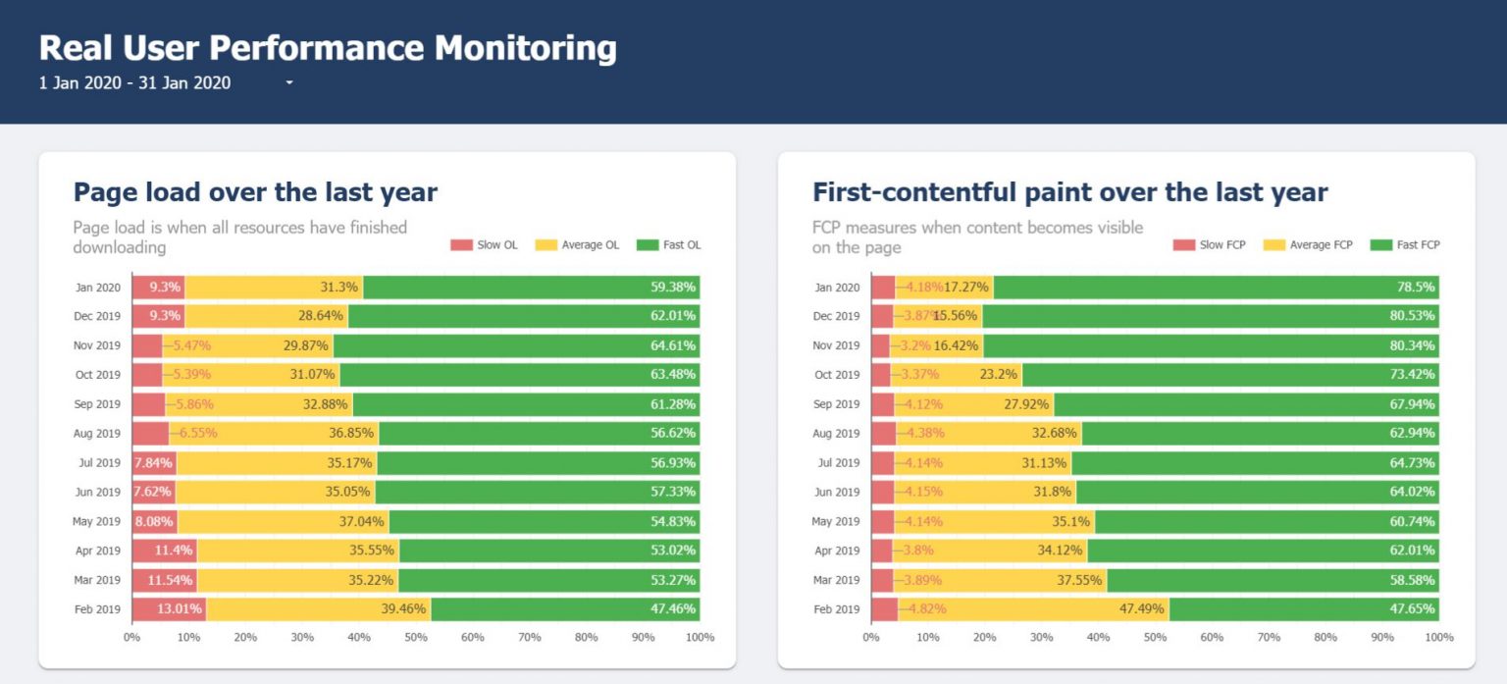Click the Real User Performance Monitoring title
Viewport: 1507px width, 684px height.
[328, 48]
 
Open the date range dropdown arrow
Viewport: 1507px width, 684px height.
[289, 83]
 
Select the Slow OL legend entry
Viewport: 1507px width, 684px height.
[485, 244]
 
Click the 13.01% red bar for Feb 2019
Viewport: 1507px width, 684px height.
[169, 609]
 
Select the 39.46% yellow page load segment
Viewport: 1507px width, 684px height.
[319, 609]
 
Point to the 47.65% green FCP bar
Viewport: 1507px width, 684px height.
[1304, 609]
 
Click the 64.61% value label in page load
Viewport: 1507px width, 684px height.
[672, 345]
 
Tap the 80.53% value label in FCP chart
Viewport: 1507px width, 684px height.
[1411, 316]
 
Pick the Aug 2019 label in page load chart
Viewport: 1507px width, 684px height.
[97, 433]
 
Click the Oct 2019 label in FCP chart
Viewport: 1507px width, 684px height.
[836, 375]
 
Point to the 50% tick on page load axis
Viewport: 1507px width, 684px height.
[416, 638]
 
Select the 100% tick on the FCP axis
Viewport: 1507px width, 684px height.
[1438, 638]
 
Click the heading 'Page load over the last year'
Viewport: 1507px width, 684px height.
[255, 192]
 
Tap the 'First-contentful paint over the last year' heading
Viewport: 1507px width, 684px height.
[1069, 192]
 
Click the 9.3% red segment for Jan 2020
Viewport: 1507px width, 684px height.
[158, 288]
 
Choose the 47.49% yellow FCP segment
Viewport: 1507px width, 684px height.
[1033, 609]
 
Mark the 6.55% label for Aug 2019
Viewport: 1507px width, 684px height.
[197, 433]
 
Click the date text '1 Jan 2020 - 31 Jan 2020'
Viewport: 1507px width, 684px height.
[134, 83]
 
